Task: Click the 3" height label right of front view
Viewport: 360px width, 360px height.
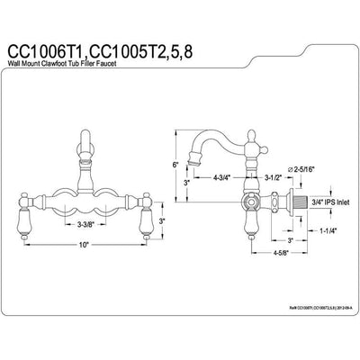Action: tap(161, 220)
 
